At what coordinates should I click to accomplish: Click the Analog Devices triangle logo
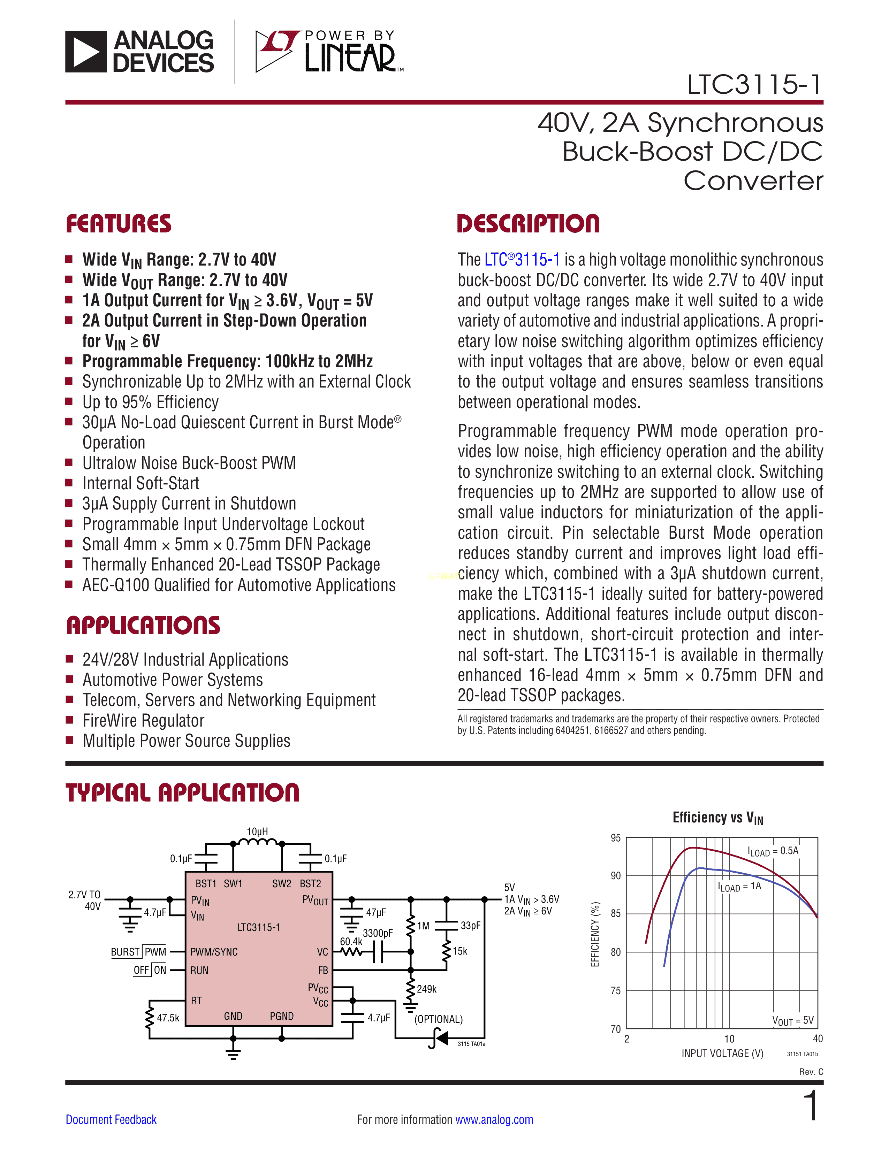(x=86, y=51)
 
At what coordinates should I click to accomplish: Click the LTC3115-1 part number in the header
(x=754, y=84)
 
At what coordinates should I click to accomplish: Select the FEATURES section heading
(x=119, y=224)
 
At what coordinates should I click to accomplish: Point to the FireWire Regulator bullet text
(x=143, y=720)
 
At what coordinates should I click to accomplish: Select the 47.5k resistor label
(x=168, y=1018)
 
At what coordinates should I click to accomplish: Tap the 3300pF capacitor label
(x=378, y=933)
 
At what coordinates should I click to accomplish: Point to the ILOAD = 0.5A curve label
(x=773, y=851)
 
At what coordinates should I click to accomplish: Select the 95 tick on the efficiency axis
(x=615, y=838)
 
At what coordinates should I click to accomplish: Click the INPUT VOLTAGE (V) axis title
(x=722, y=1053)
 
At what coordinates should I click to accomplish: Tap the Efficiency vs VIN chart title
(x=717, y=818)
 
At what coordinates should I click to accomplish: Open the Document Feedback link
(x=111, y=1119)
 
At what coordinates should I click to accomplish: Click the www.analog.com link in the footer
(x=494, y=1119)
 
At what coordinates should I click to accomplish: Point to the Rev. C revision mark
(x=811, y=1072)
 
